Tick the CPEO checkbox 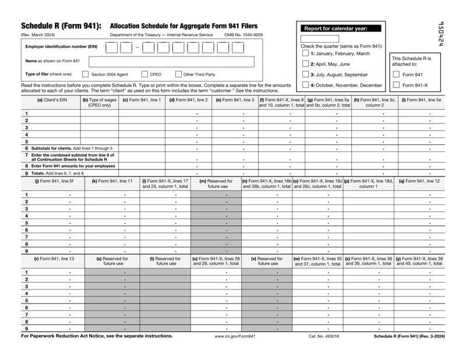[146, 74]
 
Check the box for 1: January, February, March [305, 54]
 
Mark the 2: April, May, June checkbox [305, 63]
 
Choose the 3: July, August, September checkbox [305, 75]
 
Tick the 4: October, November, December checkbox [305, 86]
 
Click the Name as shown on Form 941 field [171, 61]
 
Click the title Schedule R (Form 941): [61, 26]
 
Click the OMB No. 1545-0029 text [243, 35]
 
